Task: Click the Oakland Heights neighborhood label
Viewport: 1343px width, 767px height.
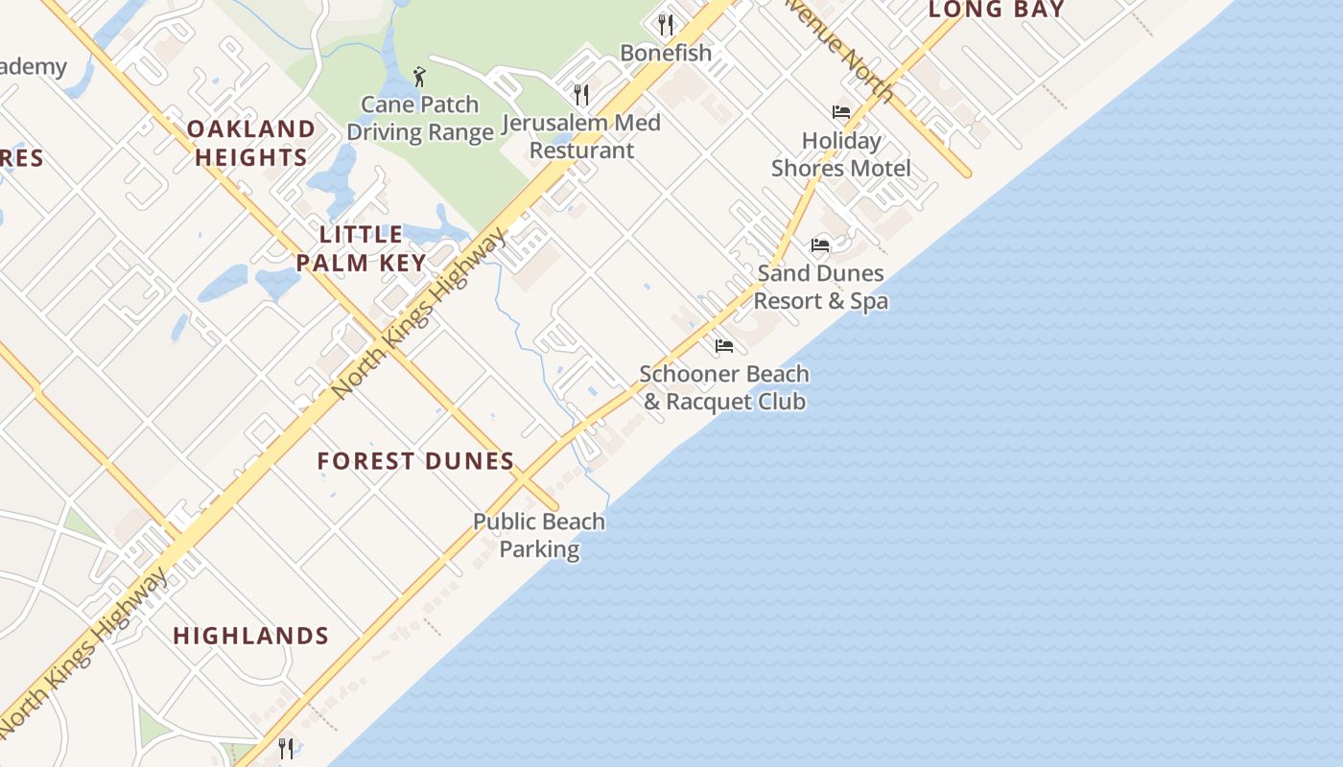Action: (x=251, y=143)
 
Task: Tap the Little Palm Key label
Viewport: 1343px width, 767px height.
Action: (x=361, y=248)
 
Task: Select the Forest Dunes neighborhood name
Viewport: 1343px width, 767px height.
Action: (x=416, y=461)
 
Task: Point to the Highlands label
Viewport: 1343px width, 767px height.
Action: (x=251, y=636)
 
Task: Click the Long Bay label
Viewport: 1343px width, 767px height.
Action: (x=997, y=11)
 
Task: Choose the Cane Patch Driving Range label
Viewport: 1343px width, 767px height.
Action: (x=420, y=118)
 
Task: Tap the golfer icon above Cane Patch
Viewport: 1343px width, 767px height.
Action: (x=419, y=77)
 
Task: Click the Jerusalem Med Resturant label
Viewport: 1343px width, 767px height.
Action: (x=581, y=136)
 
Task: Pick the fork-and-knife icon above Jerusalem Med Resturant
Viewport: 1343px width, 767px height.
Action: (x=580, y=94)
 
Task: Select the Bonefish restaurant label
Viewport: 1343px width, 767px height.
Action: (x=666, y=53)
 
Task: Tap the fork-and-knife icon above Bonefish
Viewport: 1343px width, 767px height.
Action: (x=666, y=23)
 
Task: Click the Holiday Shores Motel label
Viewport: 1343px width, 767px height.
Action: (x=841, y=154)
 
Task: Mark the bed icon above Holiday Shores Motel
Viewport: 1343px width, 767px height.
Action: (x=841, y=112)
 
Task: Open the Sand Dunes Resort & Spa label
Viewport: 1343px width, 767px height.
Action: (x=820, y=287)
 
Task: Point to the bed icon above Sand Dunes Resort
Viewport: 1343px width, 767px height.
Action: (x=820, y=245)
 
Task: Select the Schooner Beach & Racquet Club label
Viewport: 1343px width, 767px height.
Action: (x=724, y=387)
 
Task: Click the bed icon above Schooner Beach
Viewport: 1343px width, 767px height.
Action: (x=724, y=345)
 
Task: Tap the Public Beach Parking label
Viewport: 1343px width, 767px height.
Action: (x=539, y=535)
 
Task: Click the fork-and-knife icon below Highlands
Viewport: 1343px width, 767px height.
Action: (x=286, y=748)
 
